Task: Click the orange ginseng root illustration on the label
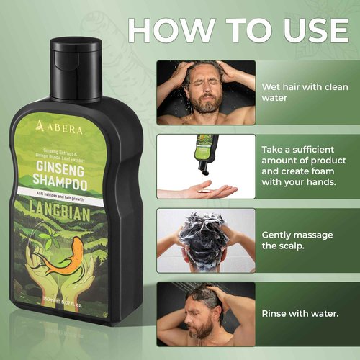click(x=64, y=267)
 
